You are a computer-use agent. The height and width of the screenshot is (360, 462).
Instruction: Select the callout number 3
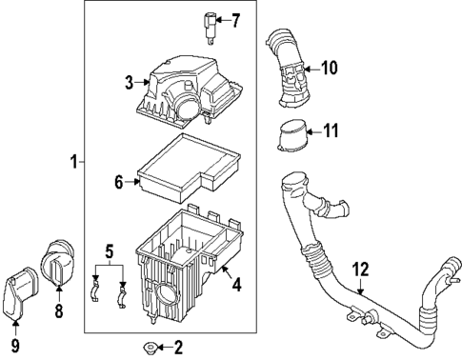[129, 84]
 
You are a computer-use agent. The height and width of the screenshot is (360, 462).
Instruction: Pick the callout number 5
[110, 252]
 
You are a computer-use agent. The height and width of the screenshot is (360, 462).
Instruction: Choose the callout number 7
[236, 19]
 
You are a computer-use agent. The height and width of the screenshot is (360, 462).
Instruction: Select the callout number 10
[330, 68]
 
